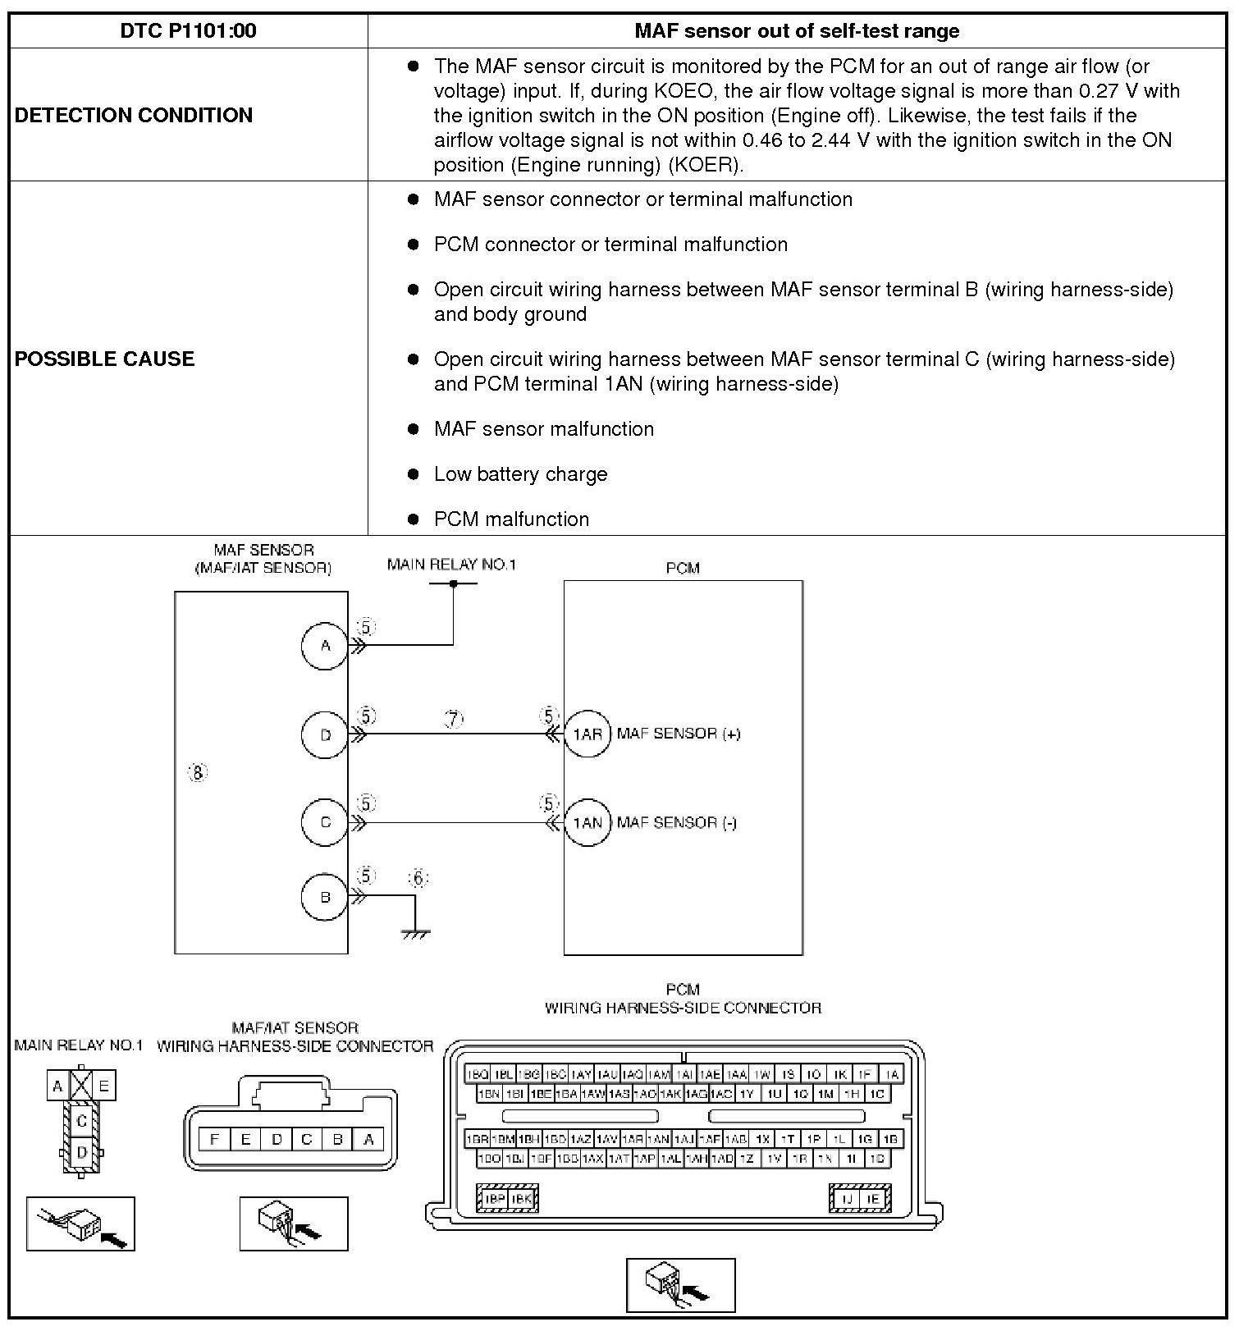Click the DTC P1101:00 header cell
[x=188, y=31]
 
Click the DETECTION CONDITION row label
[x=134, y=115]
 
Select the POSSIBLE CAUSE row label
[x=105, y=359]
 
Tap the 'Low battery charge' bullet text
[x=520, y=474]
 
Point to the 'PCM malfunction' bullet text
[x=511, y=519]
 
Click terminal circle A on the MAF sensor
[x=325, y=646]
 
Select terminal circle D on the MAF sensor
[x=325, y=734]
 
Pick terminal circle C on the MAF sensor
[x=325, y=822]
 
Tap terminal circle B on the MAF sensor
[x=325, y=897]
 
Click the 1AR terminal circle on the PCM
[x=587, y=734]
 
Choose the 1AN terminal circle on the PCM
[x=587, y=822]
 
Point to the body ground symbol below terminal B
[x=416, y=932]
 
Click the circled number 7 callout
[x=454, y=719]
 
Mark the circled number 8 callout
[x=198, y=772]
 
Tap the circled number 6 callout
[x=418, y=879]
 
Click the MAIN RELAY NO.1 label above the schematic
[x=451, y=565]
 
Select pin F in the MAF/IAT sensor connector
[x=215, y=1139]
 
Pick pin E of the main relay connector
[x=104, y=1086]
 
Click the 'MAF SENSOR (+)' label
[x=679, y=734]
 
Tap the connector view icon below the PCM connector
[x=680, y=1285]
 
